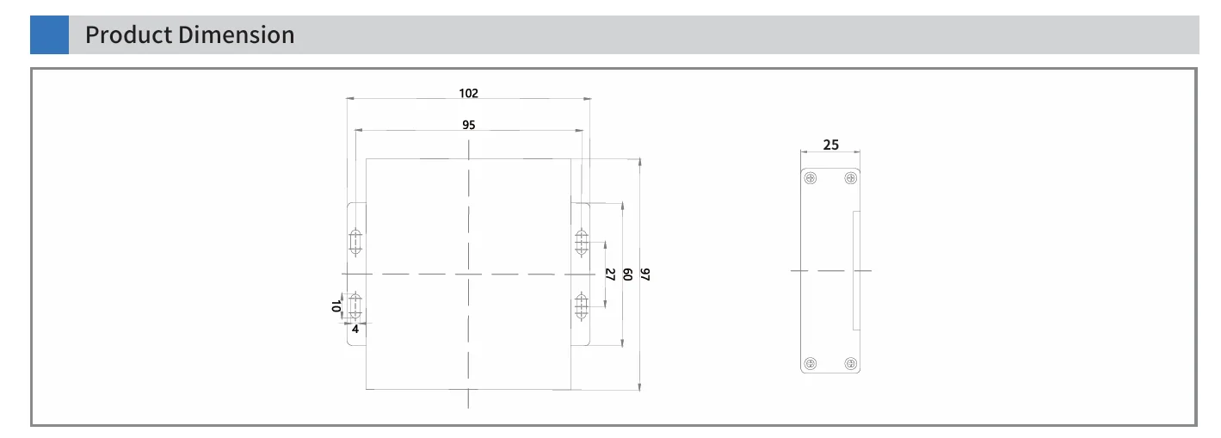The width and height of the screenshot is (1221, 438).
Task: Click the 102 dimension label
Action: click(468, 93)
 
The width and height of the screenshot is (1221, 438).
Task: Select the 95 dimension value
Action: click(468, 125)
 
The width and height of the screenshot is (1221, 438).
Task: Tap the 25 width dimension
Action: click(830, 145)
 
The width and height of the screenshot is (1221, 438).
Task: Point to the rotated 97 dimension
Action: click(645, 274)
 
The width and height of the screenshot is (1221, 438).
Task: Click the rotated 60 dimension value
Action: click(627, 274)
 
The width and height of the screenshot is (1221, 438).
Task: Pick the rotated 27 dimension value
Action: click(610, 274)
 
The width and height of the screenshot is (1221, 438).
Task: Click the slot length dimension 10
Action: click(336, 306)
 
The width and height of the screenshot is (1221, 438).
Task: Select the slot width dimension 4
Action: click(355, 329)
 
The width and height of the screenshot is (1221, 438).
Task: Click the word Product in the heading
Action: click(129, 35)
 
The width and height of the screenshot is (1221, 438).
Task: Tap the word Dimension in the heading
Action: click(237, 35)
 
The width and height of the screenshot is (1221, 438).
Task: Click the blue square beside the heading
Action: click(50, 35)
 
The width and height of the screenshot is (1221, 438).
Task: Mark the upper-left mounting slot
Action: click(355, 242)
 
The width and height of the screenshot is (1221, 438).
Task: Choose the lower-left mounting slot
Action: click(355, 306)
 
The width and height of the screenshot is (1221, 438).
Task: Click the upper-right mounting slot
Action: click(582, 242)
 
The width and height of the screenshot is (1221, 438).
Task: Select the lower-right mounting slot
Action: click(582, 306)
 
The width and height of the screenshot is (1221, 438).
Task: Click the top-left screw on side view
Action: click(811, 178)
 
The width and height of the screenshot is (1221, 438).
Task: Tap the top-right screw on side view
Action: click(850, 178)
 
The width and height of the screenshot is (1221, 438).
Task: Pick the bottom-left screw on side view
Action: click(811, 363)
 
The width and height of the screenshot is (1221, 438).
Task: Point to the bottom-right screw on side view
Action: click(850, 363)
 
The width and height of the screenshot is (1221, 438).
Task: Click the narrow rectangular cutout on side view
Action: click(856, 270)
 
